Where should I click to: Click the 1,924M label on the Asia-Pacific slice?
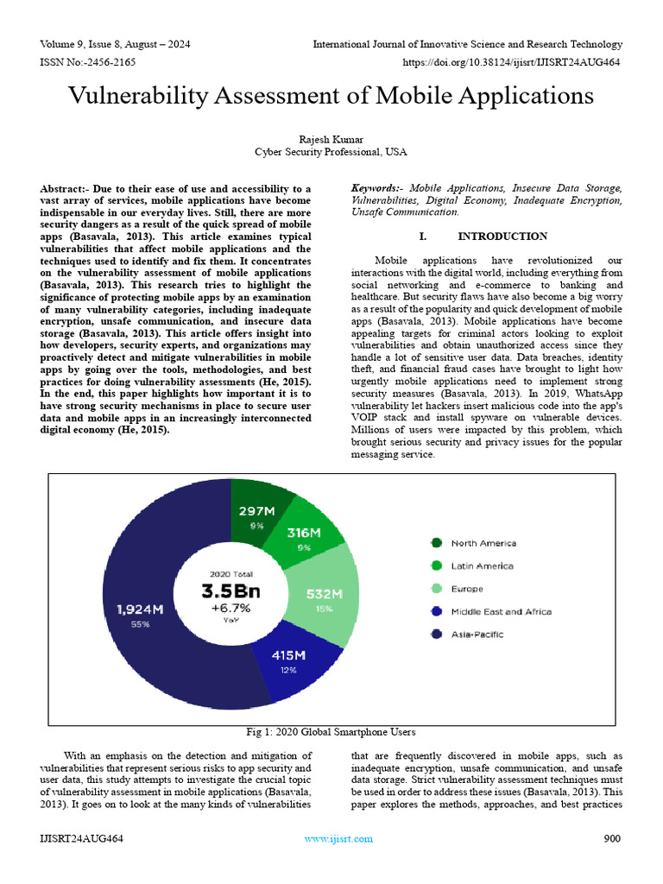141,609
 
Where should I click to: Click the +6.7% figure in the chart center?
230,608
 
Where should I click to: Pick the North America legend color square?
437,543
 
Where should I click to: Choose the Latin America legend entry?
482,566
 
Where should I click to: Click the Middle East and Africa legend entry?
501,612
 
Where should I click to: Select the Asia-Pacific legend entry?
477,635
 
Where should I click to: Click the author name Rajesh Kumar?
331,138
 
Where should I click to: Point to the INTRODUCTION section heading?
502,236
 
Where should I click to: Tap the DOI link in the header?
513,62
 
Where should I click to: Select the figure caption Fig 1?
331,732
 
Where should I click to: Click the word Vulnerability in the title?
152,97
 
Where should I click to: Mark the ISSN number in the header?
87,62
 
